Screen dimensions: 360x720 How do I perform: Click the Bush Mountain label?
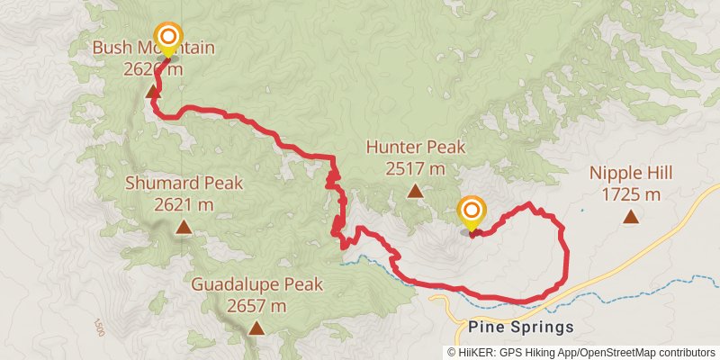pyautogui.click(x=153, y=48)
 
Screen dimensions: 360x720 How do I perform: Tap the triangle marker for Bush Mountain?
pyautogui.click(x=153, y=92)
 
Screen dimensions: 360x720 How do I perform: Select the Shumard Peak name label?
pyautogui.click(x=184, y=184)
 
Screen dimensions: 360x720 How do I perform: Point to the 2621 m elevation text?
pyautogui.click(x=184, y=204)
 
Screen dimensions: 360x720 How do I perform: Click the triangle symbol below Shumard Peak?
pyautogui.click(x=184, y=228)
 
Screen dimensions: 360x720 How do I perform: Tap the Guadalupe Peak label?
pyautogui.click(x=256, y=285)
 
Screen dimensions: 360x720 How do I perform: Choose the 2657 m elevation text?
pyautogui.click(x=256, y=306)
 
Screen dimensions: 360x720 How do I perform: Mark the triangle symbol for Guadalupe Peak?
pyautogui.click(x=256, y=328)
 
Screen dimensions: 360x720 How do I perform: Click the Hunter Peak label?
pyautogui.click(x=416, y=147)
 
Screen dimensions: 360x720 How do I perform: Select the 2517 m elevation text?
pyautogui.click(x=416, y=168)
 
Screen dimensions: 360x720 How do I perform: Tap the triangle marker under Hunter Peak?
pyautogui.click(x=415, y=191)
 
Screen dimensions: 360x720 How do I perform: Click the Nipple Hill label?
pyautogui.click(x=632, y=173)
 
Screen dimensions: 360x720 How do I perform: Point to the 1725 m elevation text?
pyautogui.click(x=632, y=193)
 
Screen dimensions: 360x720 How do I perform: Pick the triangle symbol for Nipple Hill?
pyautogui.click(x=632, y=216)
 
